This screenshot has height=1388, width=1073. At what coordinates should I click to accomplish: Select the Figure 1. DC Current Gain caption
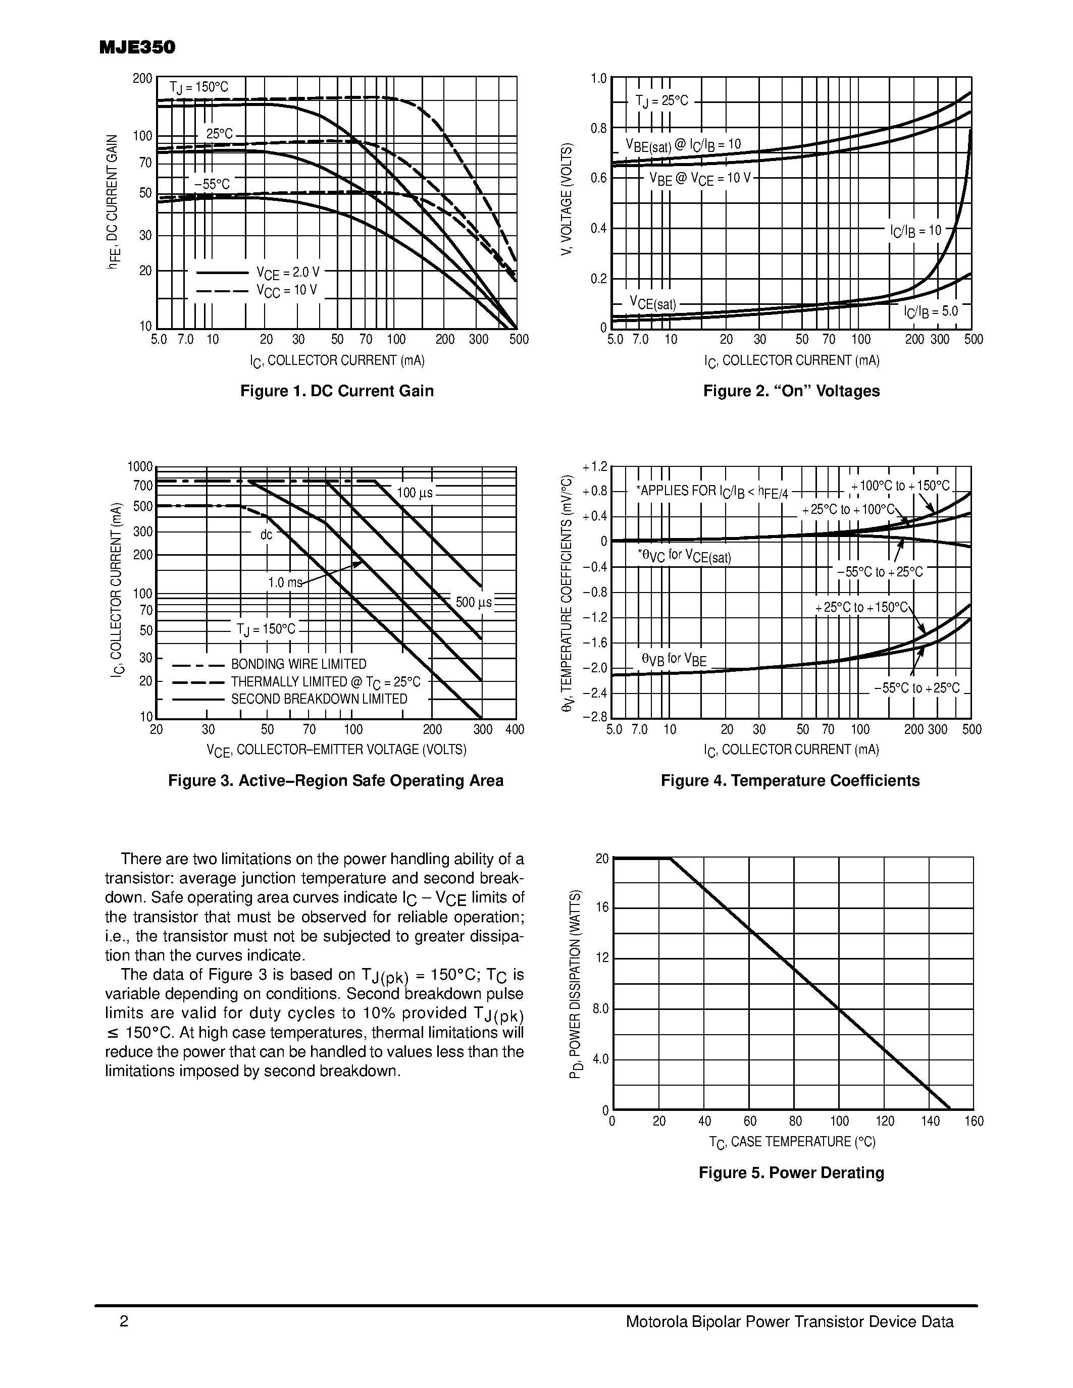(337, 391)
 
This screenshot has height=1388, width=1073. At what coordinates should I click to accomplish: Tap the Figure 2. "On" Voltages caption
(791, 391)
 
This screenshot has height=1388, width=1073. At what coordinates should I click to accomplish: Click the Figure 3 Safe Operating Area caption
(336, 780)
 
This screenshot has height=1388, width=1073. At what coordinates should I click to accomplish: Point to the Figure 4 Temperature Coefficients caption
(790, 780)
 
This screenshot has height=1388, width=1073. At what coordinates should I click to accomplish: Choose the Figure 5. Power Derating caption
(791, 1172)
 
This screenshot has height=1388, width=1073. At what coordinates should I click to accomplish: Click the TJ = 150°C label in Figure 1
(198, 88)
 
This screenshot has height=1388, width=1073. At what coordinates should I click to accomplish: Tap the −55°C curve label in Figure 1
(212, 184)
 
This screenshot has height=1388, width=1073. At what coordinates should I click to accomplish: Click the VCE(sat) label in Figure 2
(653, 303)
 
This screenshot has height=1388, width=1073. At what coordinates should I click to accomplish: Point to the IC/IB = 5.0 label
(931, 311)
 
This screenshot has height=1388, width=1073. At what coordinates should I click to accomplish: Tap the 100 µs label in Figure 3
(415, 493)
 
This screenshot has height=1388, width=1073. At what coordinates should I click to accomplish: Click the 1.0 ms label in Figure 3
(285, 582)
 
